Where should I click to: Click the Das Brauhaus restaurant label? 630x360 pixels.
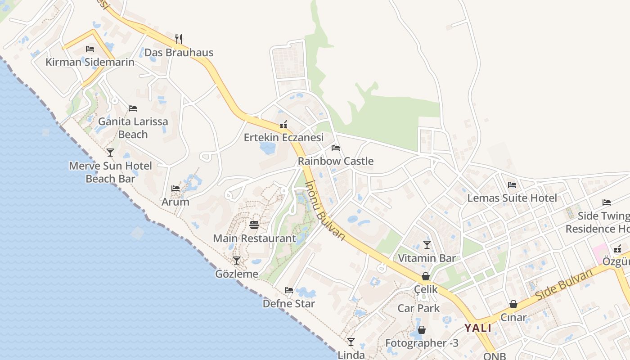pyautogui.click(x=179, y=53)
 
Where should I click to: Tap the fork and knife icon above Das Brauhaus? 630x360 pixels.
pyautogui.click(x=179, y=39)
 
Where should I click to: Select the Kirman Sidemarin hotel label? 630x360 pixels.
pyautogui.click(x=90, y=62)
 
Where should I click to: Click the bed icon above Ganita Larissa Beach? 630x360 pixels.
pyautogui.click(x=133, y=108)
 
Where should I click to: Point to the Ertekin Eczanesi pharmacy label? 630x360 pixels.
pyautogui.click(x=283, y=137)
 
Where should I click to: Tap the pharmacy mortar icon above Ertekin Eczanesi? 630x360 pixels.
pyautogui.click(x=283, y=125)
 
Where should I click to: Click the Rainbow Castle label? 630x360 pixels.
pyautogui.click(x=336, y=161)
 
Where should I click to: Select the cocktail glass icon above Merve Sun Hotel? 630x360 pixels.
pyautogui.click(x=110, y=152)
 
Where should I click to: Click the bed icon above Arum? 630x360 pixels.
pyautogui.click(x=175, y=189)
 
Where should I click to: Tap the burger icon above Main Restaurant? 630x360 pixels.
pyautogui.click(x=254, y=225)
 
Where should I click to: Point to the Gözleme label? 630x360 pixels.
pyautogui.click(x=237, y=274)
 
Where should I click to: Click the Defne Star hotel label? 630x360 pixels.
pyautogui.click(x=289, y=304)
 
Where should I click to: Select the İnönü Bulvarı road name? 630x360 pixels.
pyautogui.click(x=325, y=210)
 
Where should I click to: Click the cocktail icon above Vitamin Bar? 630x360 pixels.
pyautogui.click(x=427, y=245)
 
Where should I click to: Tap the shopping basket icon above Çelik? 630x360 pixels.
pyautogui.click(x=425, y=276)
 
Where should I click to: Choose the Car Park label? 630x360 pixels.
pyautogui.click(x=418, y=308)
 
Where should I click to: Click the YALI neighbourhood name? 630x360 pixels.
pyautogui.click(x=478, y=328)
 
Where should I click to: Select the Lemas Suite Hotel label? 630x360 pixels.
pyautogui.click(x=512, y=198)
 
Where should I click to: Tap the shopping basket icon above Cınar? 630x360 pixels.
pyautogui.click(x=513, y=305)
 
